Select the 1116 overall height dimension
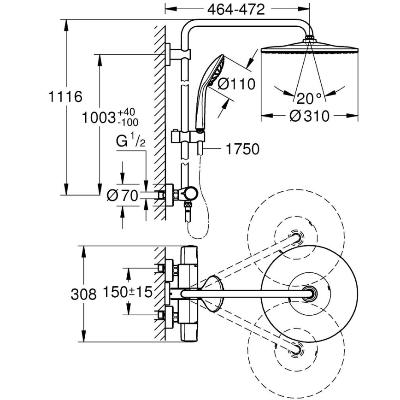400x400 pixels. [x=65, y=97]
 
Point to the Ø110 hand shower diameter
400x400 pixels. [x=236, y=84]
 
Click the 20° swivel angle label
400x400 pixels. [x=309, y=98]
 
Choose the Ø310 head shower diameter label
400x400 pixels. [x=310, y=116]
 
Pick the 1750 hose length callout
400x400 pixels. [x=242, y=149]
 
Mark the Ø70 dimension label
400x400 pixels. [x=122, y=196]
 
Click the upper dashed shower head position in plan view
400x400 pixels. [x=295, y=238]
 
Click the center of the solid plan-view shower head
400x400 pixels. [x=309, y=294]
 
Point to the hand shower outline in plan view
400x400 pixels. [x=212, y=294]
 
